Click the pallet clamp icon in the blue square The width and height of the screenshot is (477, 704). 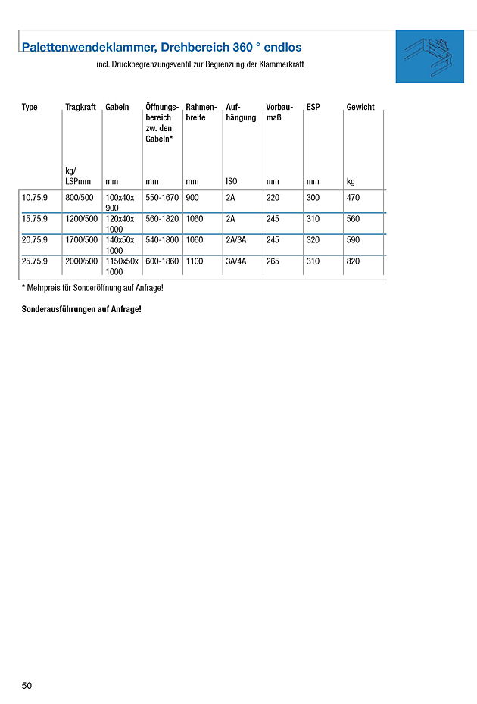(429, 57)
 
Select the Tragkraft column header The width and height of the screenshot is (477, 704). (80, 108)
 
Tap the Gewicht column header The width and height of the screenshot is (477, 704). (360, 108)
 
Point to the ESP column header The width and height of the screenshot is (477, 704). (313, 108)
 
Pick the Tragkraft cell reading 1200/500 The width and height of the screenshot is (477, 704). (81, 219)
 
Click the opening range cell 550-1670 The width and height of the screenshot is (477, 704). (162, 198)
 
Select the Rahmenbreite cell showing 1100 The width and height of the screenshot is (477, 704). (195, 261)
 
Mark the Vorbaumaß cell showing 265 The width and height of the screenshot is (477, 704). (273, 261)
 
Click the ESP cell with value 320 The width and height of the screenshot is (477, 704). (313, 240)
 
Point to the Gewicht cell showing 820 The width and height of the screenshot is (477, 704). (354, 261)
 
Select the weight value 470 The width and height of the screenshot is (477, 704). (354, 198)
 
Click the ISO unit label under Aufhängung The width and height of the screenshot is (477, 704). (232, 182)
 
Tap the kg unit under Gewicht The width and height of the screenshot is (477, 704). (351, 182)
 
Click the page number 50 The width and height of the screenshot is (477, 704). (27, 686)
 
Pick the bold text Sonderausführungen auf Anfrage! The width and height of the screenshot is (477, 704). (82, 310)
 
